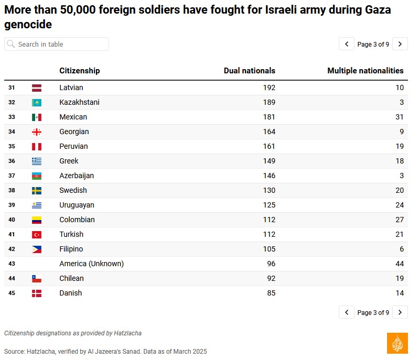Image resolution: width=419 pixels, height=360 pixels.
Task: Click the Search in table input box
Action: pyautogui.click(x=57, y=44)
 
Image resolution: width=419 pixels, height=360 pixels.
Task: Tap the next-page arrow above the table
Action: pyautogui.click(x=400, y=44)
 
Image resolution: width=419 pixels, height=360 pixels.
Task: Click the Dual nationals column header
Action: pyautogui.click(x=249, y=71)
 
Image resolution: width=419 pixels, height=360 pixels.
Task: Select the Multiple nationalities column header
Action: pyautogui.click(x=365, y=71)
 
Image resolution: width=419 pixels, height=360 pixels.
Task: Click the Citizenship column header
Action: pyautogui.click(x=79, y=71)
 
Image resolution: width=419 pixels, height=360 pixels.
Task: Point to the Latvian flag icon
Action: pyautogui.click(x=36, y=88)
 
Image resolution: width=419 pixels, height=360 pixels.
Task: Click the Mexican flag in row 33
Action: pyautogui.click(x=36, y=117)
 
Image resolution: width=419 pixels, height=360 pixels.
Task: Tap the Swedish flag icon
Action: pyautogui.click(x=36, y=191)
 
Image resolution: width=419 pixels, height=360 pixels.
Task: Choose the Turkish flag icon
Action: pyautogui.click(x=36, y=235)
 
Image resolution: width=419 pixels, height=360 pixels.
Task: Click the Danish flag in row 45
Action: pyautogui.click(x=36, y=293)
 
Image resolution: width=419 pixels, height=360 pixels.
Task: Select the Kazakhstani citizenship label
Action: pyautogui.click(x=79, y=102)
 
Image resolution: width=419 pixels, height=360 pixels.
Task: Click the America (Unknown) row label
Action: pyautogui.click(x=91, y=264)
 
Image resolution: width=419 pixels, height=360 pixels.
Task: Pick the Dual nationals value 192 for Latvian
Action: pyautogui.click(x=269, y=88)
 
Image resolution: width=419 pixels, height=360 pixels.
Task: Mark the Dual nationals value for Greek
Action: pyautogui.click(x=269, y=161)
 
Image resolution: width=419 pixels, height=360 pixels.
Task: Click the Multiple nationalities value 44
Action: pyautogui.click(x=399, y=264)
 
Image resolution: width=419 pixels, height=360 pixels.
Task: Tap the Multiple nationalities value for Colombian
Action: pyautogui.click(x=399, y=220)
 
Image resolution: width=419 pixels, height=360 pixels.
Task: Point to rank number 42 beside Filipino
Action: pyautogui.click(x=12, y=249)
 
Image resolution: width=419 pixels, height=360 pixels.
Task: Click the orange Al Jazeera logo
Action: pyautogui.click(x=397, y=343)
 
